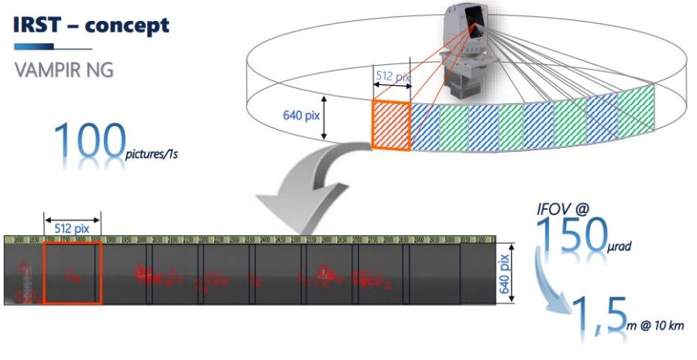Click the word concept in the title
(x=127, y=25)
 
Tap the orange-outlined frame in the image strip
(x=72, y=274)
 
